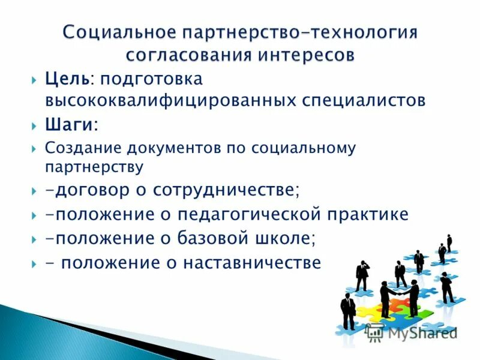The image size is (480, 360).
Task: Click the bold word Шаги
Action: (69, 125)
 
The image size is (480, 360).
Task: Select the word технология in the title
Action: (366, 32)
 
